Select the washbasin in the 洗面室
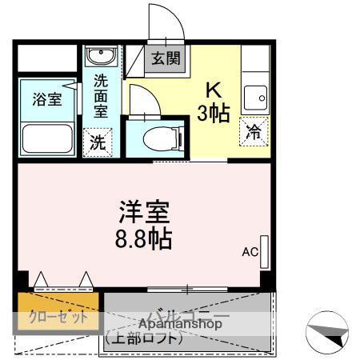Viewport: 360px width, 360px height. click(x=101, y=57)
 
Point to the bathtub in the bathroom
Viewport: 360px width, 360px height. click(x=46, y=137)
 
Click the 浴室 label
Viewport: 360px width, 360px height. click(x=46, y=100)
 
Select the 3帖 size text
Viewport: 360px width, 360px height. click(x=214, y=112)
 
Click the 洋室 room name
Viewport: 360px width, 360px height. click(x=145, y=214)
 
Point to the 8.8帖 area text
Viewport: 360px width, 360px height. click(x=145, y=238)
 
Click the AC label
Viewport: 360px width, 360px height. click(x=250, y=252)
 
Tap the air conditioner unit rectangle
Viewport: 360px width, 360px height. click(x=265, y=252)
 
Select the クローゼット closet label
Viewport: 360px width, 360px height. click(x=59, y=317)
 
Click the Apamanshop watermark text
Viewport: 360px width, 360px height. click(x=179, y=324)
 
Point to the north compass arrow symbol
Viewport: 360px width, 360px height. click(x=327, y=333)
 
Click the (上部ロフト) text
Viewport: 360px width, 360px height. click(x=143, y=338)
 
